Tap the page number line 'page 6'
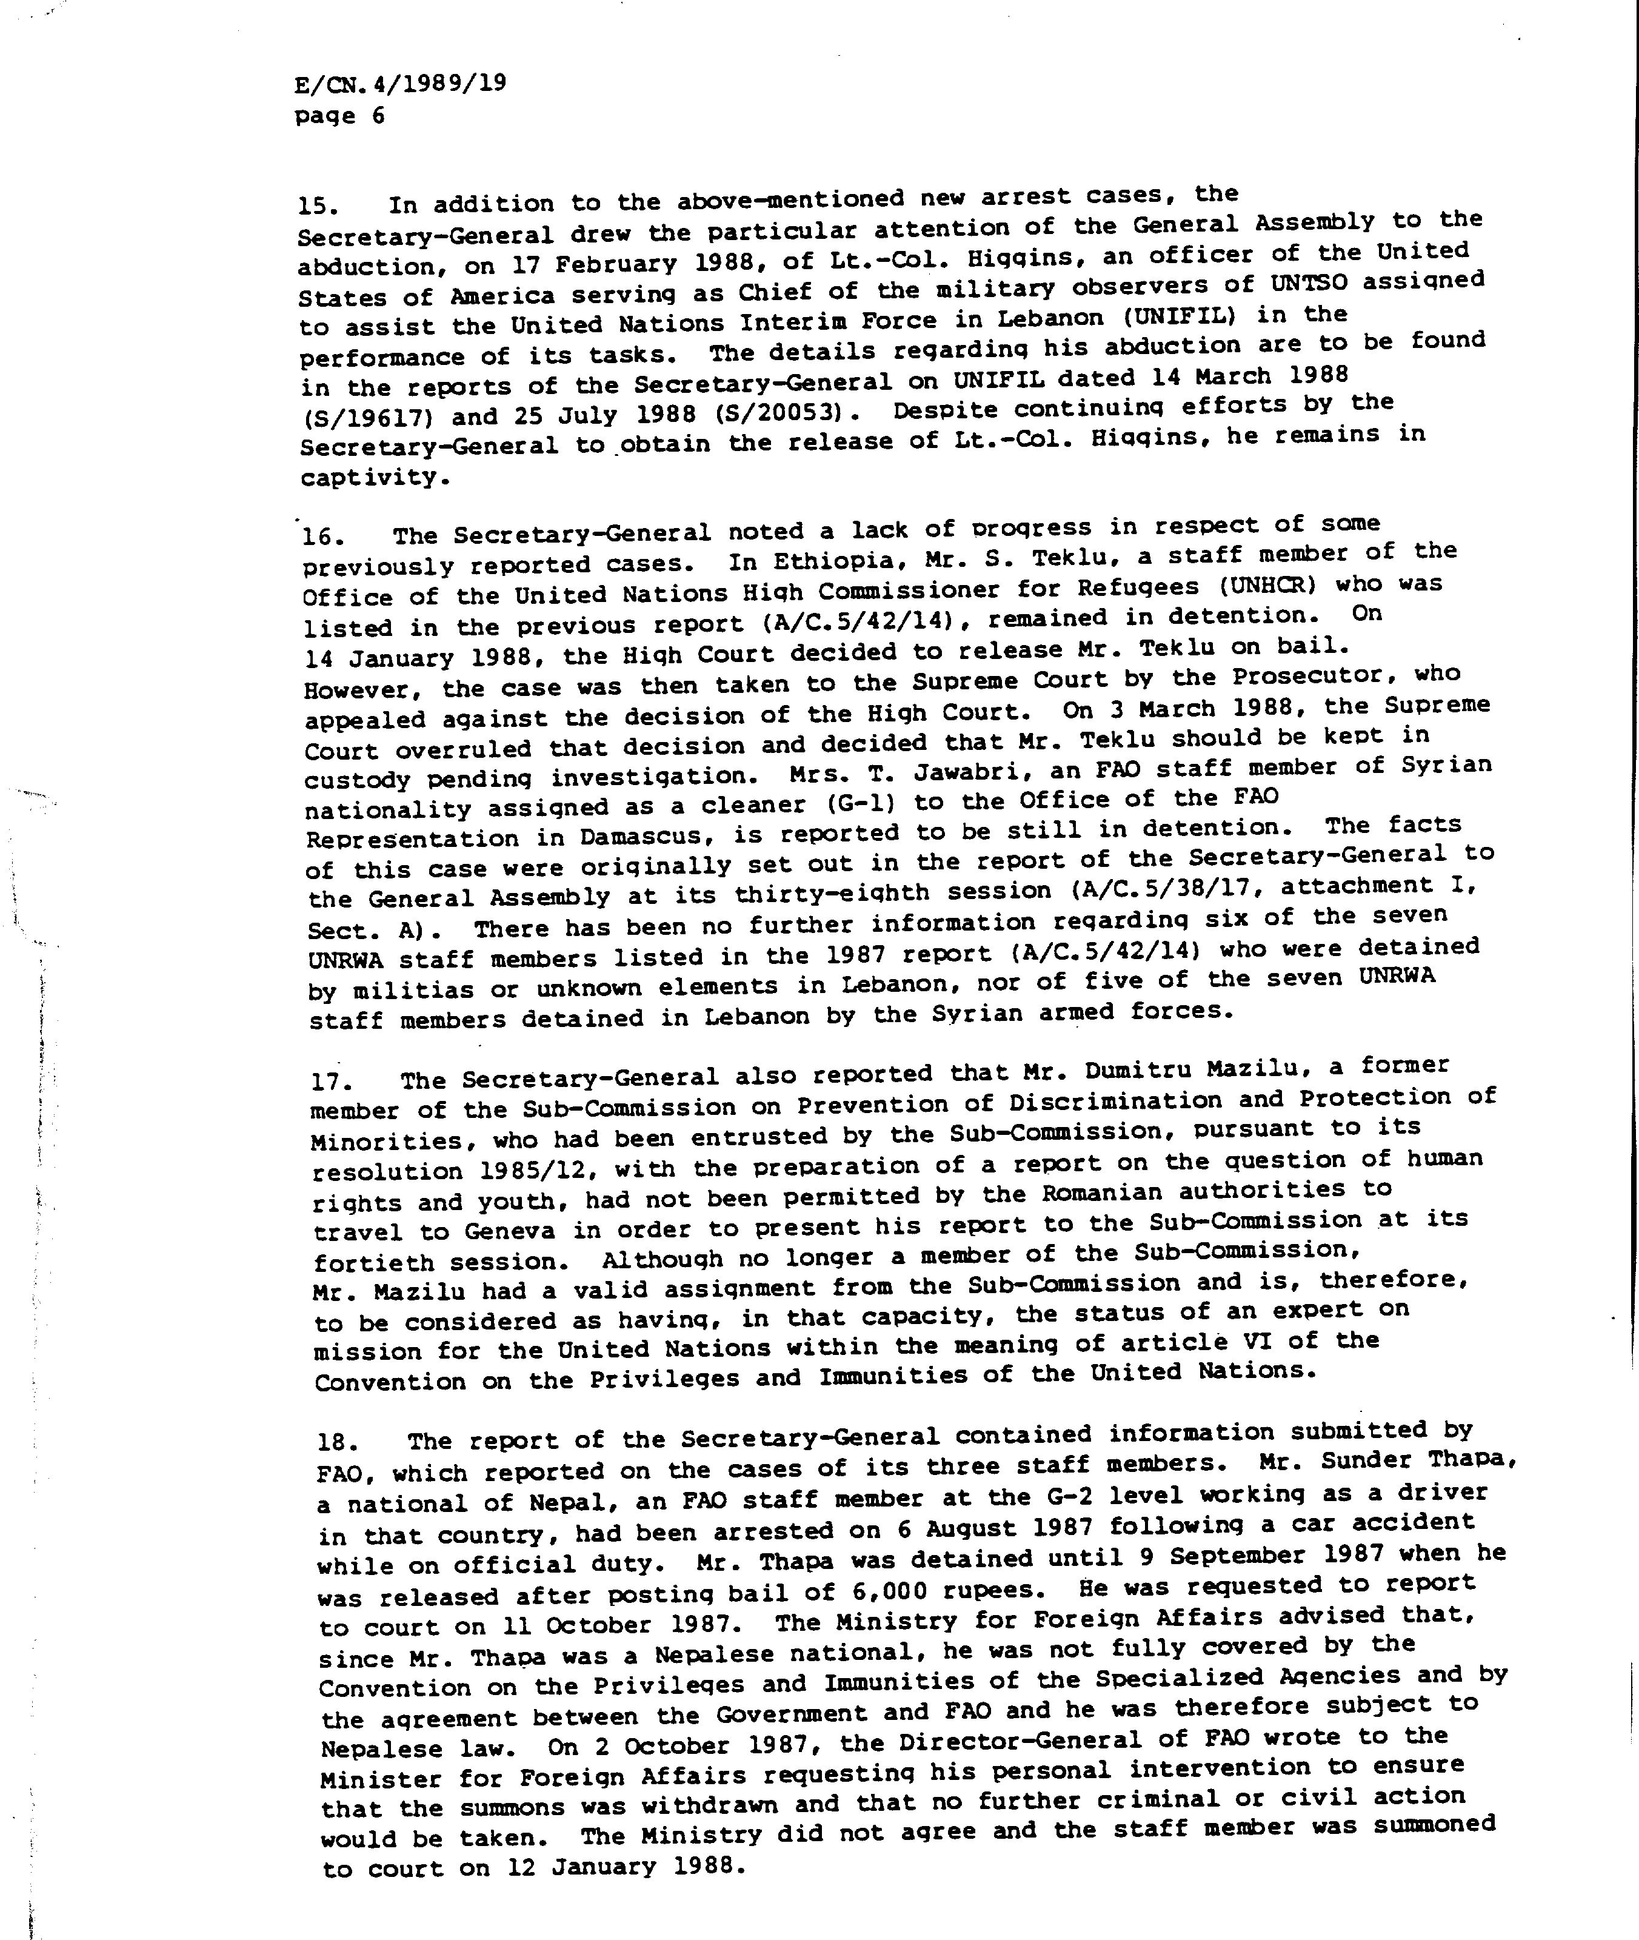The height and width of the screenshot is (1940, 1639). click(339, 116)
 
